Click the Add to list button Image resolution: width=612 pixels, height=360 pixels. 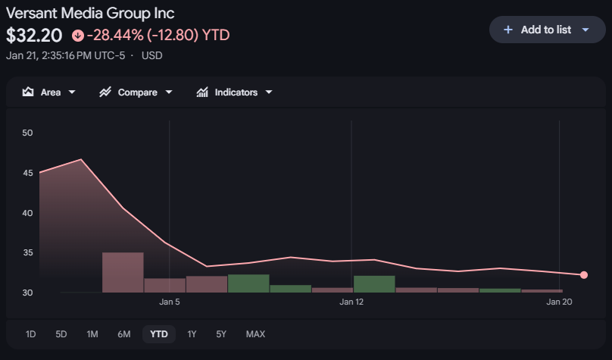coord(545,30)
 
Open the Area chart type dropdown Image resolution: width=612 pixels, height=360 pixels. coord(49,92)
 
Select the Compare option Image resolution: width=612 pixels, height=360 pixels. coord(136,92)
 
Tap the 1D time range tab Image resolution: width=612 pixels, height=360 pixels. coord(30,334)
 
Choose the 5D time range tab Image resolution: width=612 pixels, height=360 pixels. coord(61,334)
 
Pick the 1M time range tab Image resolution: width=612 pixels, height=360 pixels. coord(92,334)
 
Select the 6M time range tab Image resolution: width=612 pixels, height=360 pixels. coord(124,334)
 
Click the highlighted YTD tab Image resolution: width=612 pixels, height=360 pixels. coord(159,334)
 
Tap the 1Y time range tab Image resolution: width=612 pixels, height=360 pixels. coord(192,334)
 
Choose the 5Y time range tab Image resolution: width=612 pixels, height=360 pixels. coord(221,334)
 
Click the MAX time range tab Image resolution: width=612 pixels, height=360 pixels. coord(255,334)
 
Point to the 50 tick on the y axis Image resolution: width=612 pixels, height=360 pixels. coord(28,133)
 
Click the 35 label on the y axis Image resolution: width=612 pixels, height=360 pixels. coord(28,253)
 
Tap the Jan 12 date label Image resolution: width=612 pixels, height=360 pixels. coord(351,302)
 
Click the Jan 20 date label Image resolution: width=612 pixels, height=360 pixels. coord(559,302)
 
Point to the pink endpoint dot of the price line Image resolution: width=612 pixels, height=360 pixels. coord(584,275)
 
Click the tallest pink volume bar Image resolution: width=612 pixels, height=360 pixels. coord(123,273)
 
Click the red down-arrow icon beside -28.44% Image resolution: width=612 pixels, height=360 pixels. coord(77,35)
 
